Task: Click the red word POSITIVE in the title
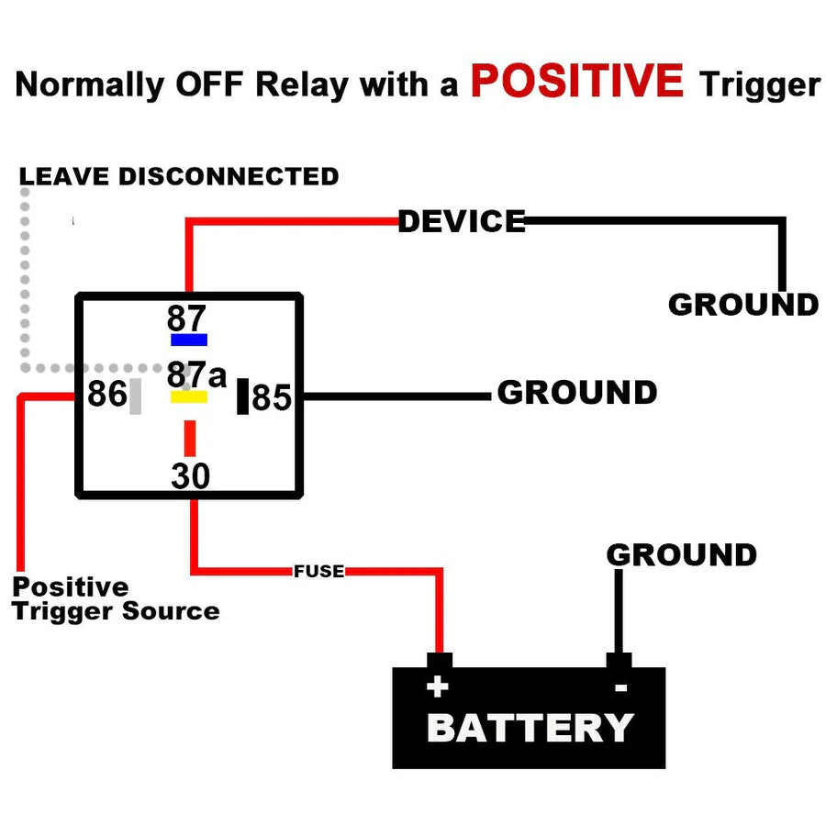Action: click(x=576, y=81)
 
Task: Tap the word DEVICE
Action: click(x=462, y=221)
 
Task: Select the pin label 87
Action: click(x=187, y=318)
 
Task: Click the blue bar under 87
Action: click(x=189, y=340)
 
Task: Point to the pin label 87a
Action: click(x=195, y=375)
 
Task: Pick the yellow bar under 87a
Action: click(x=189, y=397)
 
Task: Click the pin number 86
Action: click(x=106, y=395)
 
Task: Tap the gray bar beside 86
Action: click(x=136, y=396)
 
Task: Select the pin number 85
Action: click(x=272, y=398)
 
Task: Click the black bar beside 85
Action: click(x=242, y=396)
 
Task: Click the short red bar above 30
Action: click(x=190, y=438)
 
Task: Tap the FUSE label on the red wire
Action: click(x=318, y=572)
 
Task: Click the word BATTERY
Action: click(x=530, y=728)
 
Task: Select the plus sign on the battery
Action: click(x=437, y=686)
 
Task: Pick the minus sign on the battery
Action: click(x=620, y=687)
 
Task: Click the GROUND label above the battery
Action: click(x=681, y=555)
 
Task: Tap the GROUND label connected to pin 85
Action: click(x=576, y=393)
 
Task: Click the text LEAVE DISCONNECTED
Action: click(x=179, y=176)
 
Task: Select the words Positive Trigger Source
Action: click(x=115, y=599)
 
